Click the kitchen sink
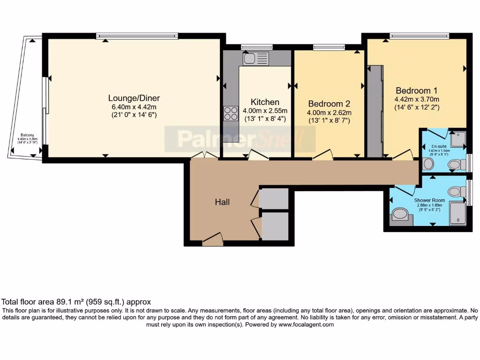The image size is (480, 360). (255, 59)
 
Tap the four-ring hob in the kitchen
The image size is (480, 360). (231, 113)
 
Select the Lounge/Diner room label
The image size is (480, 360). (134, 98)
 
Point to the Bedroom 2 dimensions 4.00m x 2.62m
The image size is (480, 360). (329, 112)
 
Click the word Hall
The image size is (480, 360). (222, 202)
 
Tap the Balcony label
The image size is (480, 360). (26, 135)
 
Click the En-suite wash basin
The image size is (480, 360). (427, 164)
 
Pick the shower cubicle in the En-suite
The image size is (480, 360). (457, 138)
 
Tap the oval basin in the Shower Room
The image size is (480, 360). (400, 215)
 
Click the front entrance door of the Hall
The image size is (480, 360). (212, 240)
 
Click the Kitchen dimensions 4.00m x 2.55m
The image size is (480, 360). (265, 111)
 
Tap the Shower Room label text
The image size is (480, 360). (429, 200)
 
